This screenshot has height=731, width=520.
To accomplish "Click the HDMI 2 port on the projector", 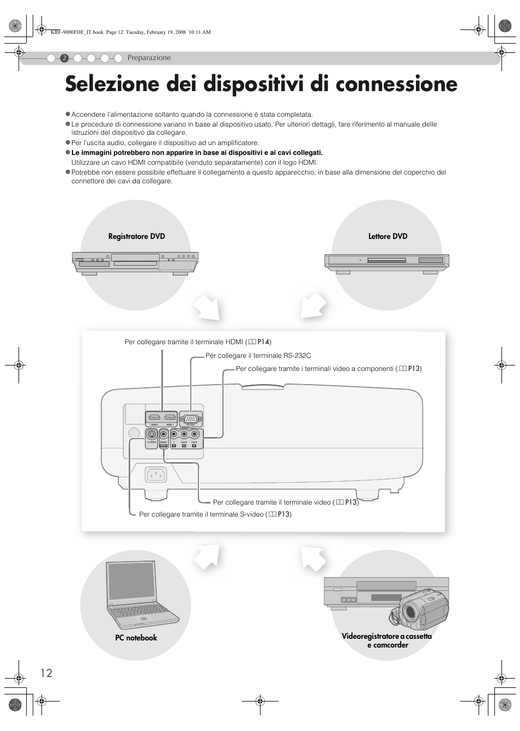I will point(154,418).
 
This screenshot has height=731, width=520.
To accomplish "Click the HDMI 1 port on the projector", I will point(170,418).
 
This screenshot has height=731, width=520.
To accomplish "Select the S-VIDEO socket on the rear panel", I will point(152,435).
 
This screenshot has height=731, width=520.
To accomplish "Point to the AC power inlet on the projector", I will point(156,475).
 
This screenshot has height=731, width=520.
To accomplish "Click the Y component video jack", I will point(174,435).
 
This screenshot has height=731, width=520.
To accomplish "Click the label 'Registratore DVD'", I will point(136,236).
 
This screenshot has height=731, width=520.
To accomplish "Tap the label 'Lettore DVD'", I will point(388,236).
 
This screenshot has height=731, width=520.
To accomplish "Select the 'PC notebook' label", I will point(136,638).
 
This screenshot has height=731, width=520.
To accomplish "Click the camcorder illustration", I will point(421,608).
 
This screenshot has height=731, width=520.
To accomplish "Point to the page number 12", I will point(46,673).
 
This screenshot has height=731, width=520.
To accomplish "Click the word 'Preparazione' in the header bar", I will point(149,58).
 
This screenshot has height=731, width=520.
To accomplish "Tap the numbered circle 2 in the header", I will point(64,58).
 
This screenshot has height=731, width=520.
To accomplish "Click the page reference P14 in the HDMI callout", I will point(264,342).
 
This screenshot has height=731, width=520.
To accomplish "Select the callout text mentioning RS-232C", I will point(258,356).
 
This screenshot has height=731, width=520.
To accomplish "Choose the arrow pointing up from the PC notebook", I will point(207,556).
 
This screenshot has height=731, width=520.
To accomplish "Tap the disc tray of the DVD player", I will point(385,261).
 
